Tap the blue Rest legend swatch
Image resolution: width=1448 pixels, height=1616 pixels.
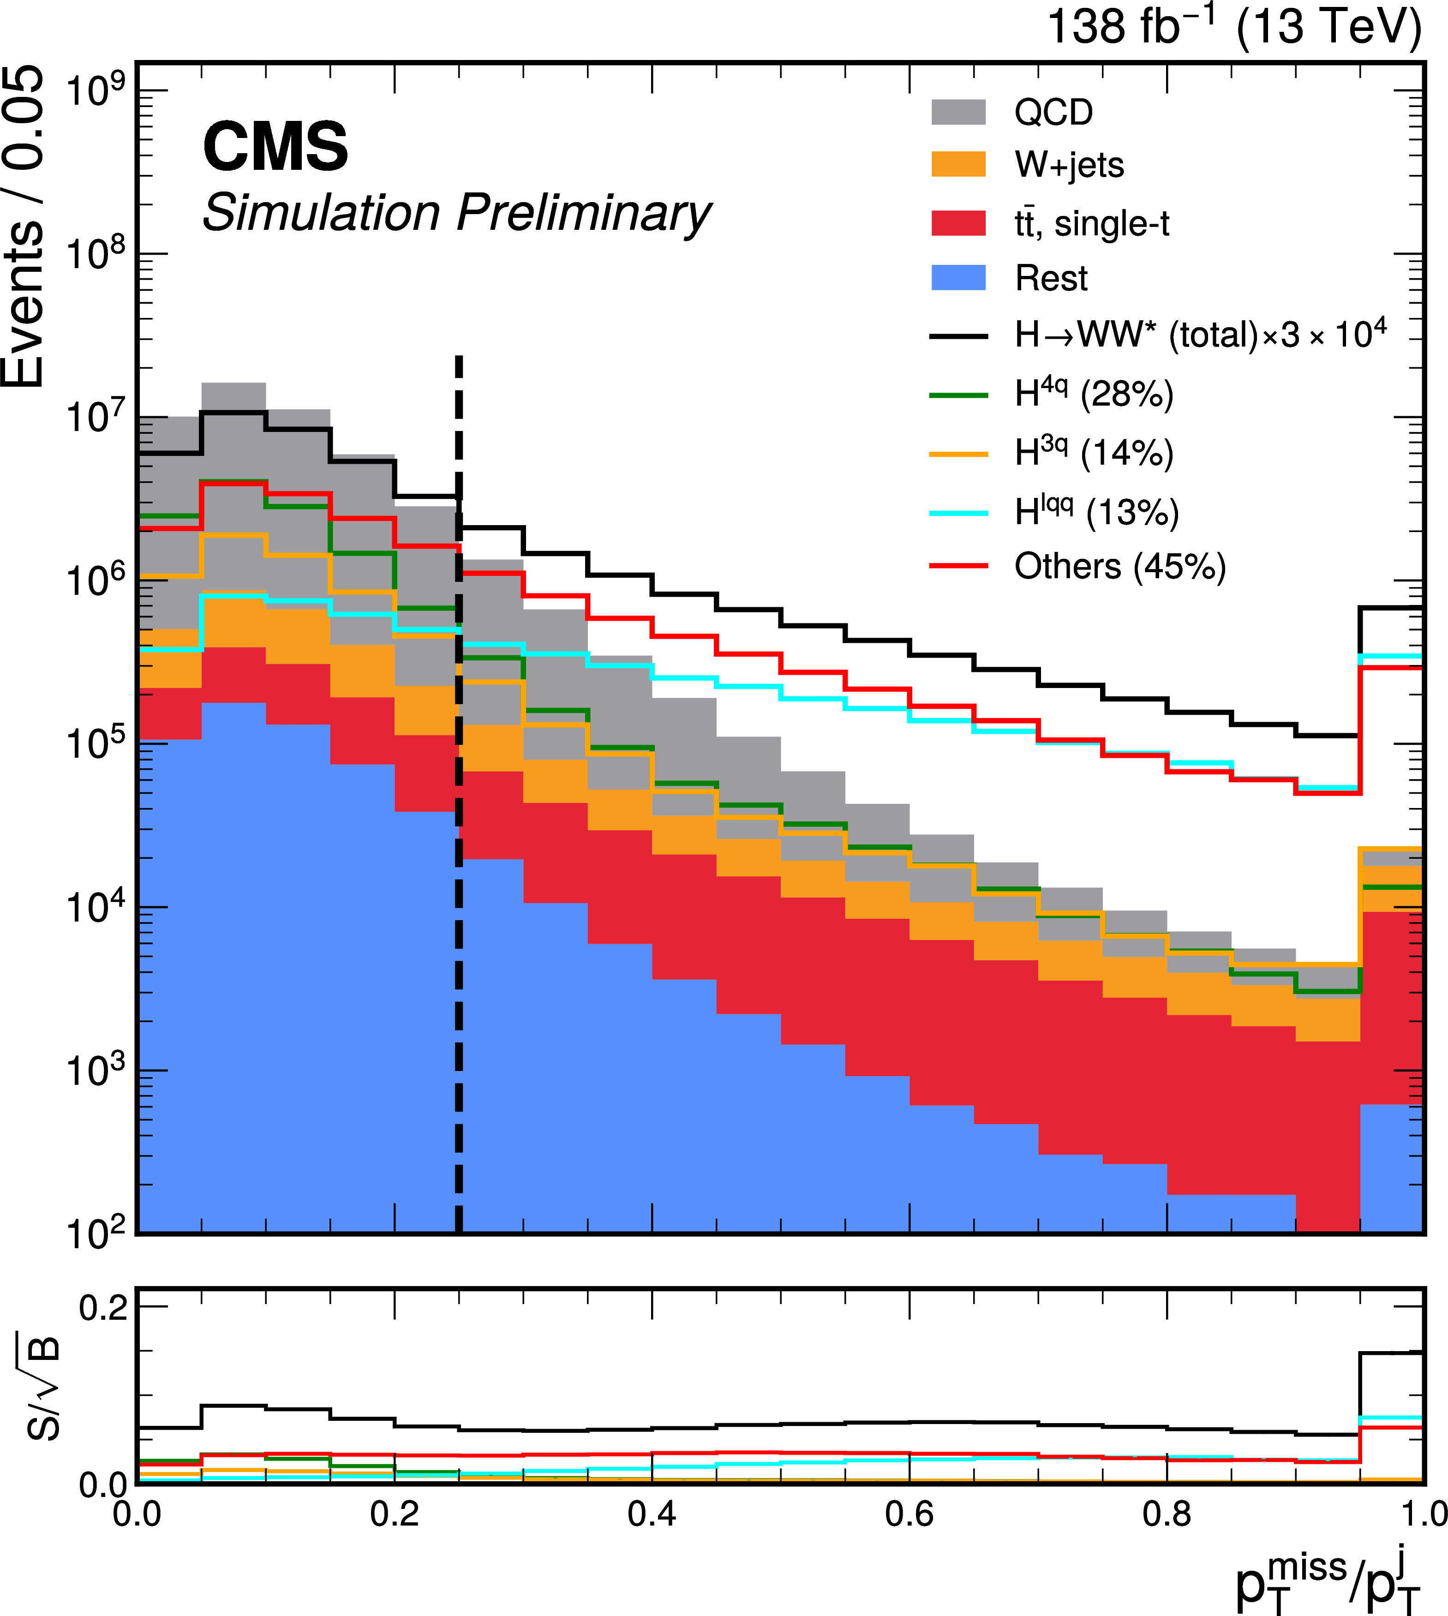coord(959,278)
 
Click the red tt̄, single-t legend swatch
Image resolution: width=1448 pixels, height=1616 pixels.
coord(959,224)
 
